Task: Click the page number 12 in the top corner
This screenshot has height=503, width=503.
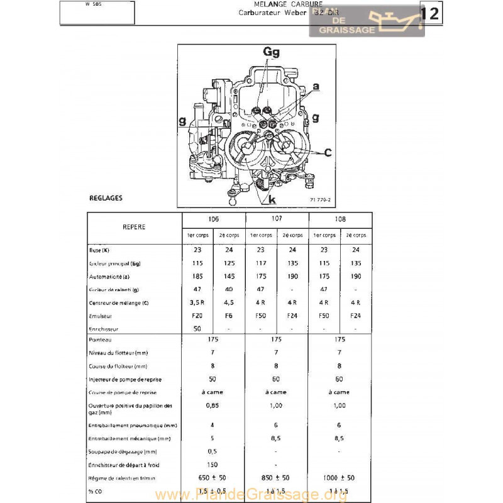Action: coord(429,14)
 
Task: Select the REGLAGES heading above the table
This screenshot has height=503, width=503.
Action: coord(106,198)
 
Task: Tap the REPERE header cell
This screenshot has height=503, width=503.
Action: coord(133,226)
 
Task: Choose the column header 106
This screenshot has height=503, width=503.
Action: coord(213,219)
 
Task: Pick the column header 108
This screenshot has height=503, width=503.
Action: coord(340,219)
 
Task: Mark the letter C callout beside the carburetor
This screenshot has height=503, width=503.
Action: coord(328,152)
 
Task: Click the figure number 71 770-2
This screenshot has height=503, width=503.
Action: coord(319,200)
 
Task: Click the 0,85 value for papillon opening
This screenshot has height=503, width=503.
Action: coord(213,406)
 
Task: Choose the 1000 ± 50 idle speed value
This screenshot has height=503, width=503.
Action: coord(340,478)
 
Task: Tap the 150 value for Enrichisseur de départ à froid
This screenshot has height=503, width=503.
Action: coord(213,465)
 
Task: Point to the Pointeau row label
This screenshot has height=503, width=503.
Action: coord(101,340)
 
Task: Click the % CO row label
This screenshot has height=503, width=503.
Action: coord(96,490)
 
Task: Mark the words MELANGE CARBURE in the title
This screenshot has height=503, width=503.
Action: coord(279,4)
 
